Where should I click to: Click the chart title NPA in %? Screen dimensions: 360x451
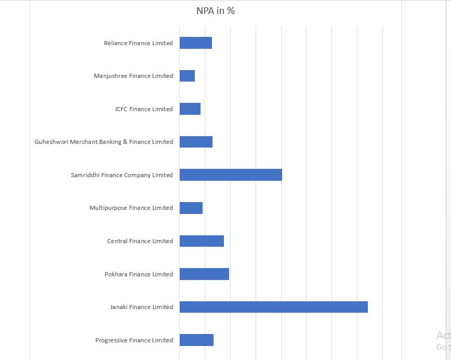[x=215, y=10]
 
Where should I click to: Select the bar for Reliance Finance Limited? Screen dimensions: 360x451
[x=196, y=43]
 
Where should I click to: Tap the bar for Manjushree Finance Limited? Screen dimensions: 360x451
[x=187, y=76]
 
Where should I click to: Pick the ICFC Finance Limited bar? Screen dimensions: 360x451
[x=190, y=109]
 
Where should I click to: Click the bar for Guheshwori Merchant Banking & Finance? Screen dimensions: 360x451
[x=196, y=142]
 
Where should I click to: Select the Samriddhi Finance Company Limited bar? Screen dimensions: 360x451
[x=231, y=175]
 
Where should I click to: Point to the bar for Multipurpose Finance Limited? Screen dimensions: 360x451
[x=191, y=208]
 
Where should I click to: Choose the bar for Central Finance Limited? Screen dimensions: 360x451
[x=202, y=241]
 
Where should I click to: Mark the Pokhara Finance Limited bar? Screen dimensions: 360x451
[x=204, y=274]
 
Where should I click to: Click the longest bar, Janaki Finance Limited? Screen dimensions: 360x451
[x=274, y=307]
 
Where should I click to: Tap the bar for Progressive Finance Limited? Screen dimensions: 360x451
[x=196, y=340]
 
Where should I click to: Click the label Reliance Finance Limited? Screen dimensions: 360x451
[x=138, y=43]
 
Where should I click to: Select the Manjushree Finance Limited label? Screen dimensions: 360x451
[x=134, y=76]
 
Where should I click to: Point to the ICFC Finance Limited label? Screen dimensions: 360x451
[x=144, y=109]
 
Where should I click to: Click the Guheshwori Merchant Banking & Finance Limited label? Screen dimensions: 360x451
[x=104, y=142]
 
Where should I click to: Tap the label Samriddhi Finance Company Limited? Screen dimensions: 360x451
[x=122, y=175]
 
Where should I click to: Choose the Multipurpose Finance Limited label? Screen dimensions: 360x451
[x=131, y=208]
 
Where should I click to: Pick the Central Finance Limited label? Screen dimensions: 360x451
[x=140, y=241]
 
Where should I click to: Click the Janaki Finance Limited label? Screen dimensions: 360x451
[x=141, y=307]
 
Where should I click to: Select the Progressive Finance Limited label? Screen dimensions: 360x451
[x=134, y=340]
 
